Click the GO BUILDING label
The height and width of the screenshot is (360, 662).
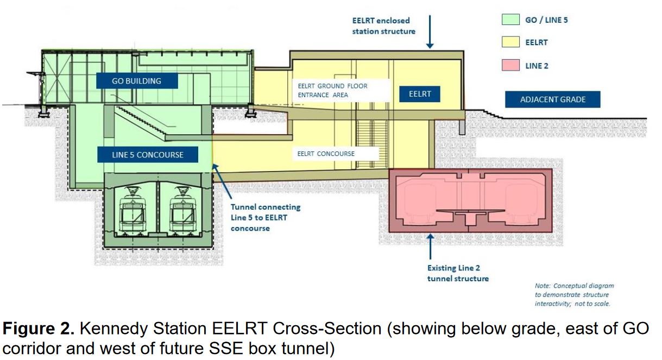136,81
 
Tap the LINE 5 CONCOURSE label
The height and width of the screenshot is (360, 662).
148,155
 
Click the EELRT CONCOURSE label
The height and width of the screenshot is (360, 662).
326,154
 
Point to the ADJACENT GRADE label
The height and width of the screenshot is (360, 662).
553,100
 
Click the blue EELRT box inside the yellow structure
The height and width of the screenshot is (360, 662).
419,94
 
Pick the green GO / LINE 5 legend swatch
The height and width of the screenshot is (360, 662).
512,20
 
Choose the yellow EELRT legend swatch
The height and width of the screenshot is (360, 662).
512,42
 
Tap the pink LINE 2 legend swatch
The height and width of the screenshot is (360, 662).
512,65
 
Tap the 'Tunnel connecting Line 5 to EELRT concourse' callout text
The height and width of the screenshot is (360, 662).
265,218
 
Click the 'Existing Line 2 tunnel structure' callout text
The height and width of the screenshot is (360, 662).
458,273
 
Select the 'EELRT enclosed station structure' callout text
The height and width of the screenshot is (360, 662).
383,26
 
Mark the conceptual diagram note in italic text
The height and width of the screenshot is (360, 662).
574,294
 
